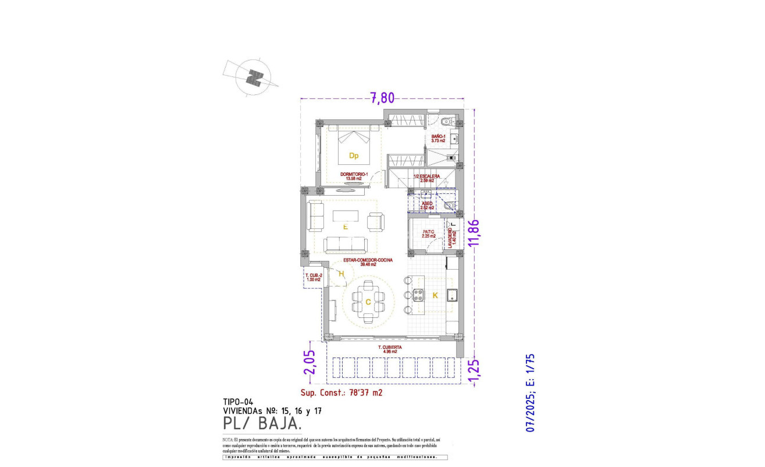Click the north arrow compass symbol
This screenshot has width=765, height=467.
click(x=254, y=77)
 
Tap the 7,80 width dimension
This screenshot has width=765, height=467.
click(x=382, y=98)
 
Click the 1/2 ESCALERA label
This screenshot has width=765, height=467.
click(x=426, y=178)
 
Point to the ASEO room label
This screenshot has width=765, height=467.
click(x=427, y=206)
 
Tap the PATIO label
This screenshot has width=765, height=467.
click(x=428, y=233)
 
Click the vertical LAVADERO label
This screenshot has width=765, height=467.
click(x=451, y=238)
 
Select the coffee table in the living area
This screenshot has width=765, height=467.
click(x=346, y=215)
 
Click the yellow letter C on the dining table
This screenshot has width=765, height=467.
click(x=368, y=302)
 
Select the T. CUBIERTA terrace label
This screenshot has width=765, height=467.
click(x=389, y=349)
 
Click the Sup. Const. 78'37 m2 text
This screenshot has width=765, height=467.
click(x=341, y=392)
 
